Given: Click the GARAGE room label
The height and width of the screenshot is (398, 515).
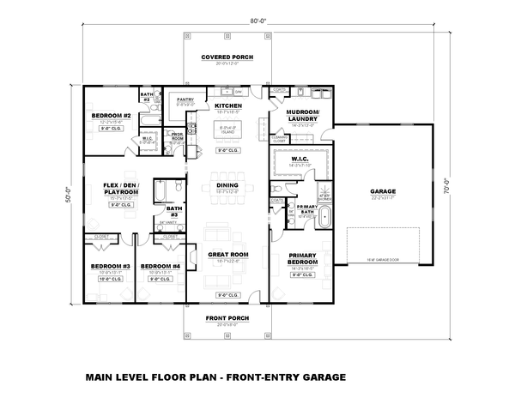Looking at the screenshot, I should click(384, 191).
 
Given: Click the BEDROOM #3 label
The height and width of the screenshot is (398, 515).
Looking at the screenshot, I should click(109, 266).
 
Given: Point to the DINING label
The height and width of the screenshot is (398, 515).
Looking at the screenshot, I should click(227, 185).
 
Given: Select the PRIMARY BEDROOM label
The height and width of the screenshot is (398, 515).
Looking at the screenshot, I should click(304, 260).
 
